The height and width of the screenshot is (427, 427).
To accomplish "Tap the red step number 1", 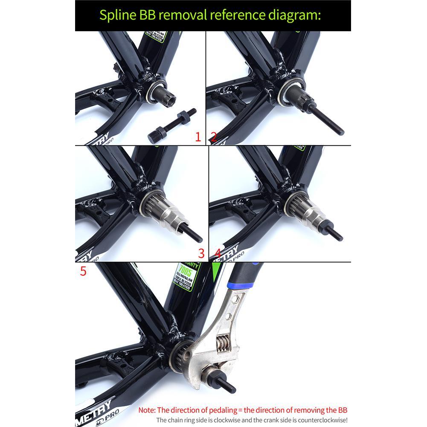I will point(198,137).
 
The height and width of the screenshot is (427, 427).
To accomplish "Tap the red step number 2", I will point(213,137).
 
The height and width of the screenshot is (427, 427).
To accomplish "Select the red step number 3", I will point(201,253).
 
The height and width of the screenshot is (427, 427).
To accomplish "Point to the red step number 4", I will point(218,253).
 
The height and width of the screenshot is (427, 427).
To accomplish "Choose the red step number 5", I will point(83,271).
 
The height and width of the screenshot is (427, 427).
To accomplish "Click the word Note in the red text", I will point(147,410).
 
